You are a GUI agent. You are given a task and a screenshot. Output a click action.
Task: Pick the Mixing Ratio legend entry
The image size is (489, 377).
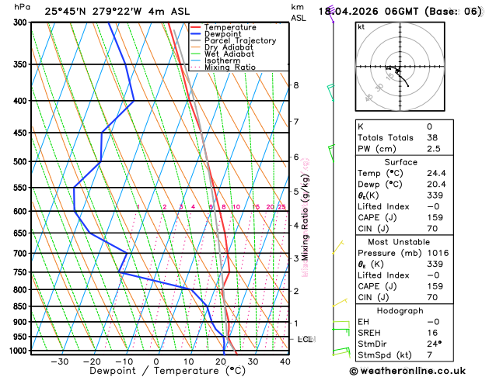[229, 67]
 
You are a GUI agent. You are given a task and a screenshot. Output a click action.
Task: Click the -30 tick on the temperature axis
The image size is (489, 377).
[59, 361]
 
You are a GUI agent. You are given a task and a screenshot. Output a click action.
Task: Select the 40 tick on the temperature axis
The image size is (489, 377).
[285, 361]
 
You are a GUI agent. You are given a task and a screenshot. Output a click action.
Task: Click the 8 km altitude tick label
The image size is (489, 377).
[295, 85]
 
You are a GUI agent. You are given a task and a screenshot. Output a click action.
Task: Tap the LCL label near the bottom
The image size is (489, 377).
[306, 340]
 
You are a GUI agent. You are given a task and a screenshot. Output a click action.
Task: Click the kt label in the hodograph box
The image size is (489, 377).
[361, 26]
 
